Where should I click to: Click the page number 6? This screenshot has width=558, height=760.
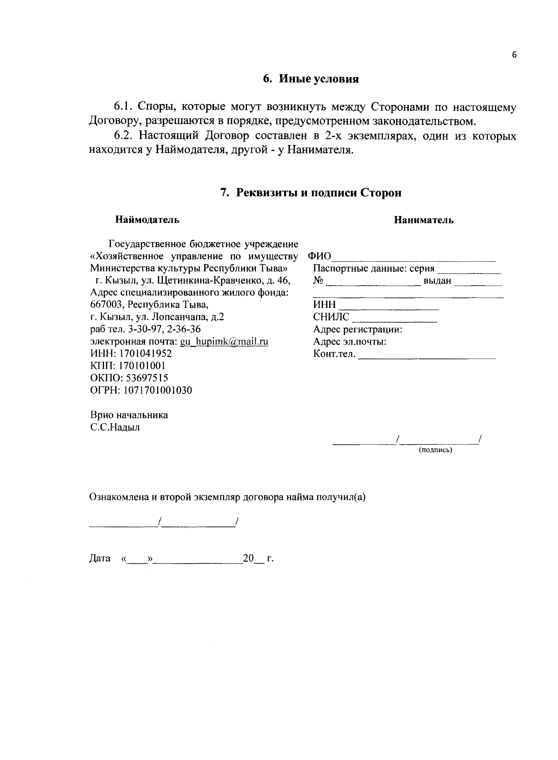click(x=514, y=55)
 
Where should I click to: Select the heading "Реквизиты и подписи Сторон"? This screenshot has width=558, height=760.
click(x=319, y=193)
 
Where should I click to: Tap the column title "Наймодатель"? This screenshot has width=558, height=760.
click(x=147, y=220)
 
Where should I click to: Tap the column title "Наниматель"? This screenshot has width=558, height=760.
click(x=424, y=220)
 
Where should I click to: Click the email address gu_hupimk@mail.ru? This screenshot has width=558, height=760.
click(x=224, y=341)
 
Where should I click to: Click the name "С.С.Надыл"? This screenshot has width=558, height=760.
click(x=115, y=427)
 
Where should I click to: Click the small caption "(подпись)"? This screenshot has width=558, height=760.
click(x=435, y=450)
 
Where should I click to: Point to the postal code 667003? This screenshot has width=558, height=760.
click(x=106, y=305)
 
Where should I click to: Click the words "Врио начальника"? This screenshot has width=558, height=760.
click(x=129, y=415)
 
